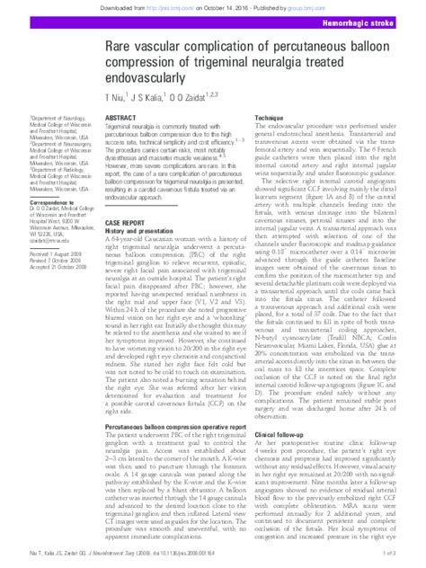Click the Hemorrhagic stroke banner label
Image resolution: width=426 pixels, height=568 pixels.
[x=372, y=20]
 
